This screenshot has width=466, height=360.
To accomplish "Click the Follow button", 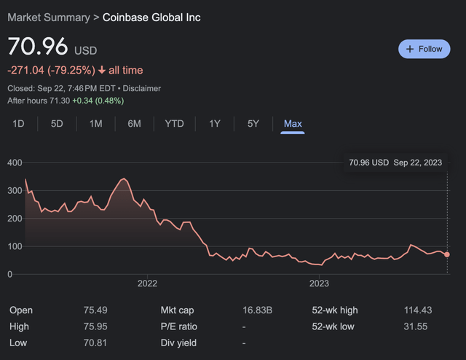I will coord(424,49).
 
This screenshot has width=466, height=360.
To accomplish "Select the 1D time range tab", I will coord(19,124).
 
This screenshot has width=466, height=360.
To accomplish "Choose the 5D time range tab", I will coord(57,124).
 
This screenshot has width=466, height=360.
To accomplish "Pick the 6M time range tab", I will coord(134,124).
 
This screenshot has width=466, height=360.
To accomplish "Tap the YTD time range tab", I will coord(174,124).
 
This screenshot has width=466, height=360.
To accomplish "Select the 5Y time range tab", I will coord(253,124).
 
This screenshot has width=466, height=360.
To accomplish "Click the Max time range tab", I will coord(293,124).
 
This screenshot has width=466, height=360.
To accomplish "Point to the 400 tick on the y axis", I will coord(15,163).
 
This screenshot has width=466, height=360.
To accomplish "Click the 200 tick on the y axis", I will coord(15,219).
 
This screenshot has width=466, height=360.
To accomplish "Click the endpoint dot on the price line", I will coord(446,254).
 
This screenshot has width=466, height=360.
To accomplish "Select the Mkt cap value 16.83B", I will coord(258,310).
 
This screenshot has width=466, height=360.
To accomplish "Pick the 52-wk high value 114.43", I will coord(418,310).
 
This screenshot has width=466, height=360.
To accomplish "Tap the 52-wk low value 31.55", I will coord(416,326).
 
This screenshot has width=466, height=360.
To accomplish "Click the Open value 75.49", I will coord(96,310).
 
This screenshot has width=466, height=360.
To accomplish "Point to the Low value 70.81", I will coord(96,343).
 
